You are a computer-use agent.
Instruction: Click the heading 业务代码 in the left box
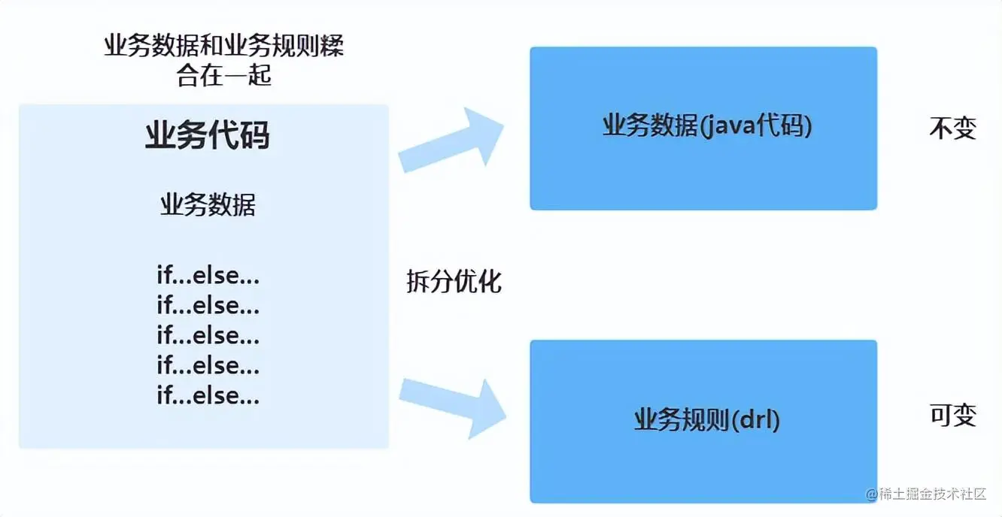[x=207, y=136]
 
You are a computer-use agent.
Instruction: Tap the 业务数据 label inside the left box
[x=208, y=204]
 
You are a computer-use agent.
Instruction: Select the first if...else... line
[x=208, y=276]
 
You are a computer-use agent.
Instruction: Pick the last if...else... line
[x=208, y=395]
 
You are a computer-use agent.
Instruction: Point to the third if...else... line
[x=208, y=335]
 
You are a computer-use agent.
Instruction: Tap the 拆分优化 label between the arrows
[x=454, y=282]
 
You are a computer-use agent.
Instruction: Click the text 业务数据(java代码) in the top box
[x=707, y=126]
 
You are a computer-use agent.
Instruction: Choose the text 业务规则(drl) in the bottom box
[x=707, y=419]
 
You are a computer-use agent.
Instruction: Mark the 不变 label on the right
[x=952, y=128]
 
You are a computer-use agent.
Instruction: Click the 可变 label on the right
[x=952, y=415]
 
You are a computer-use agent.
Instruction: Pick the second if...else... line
[x=208, y=306]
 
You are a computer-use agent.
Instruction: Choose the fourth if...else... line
[x=208, y=365]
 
